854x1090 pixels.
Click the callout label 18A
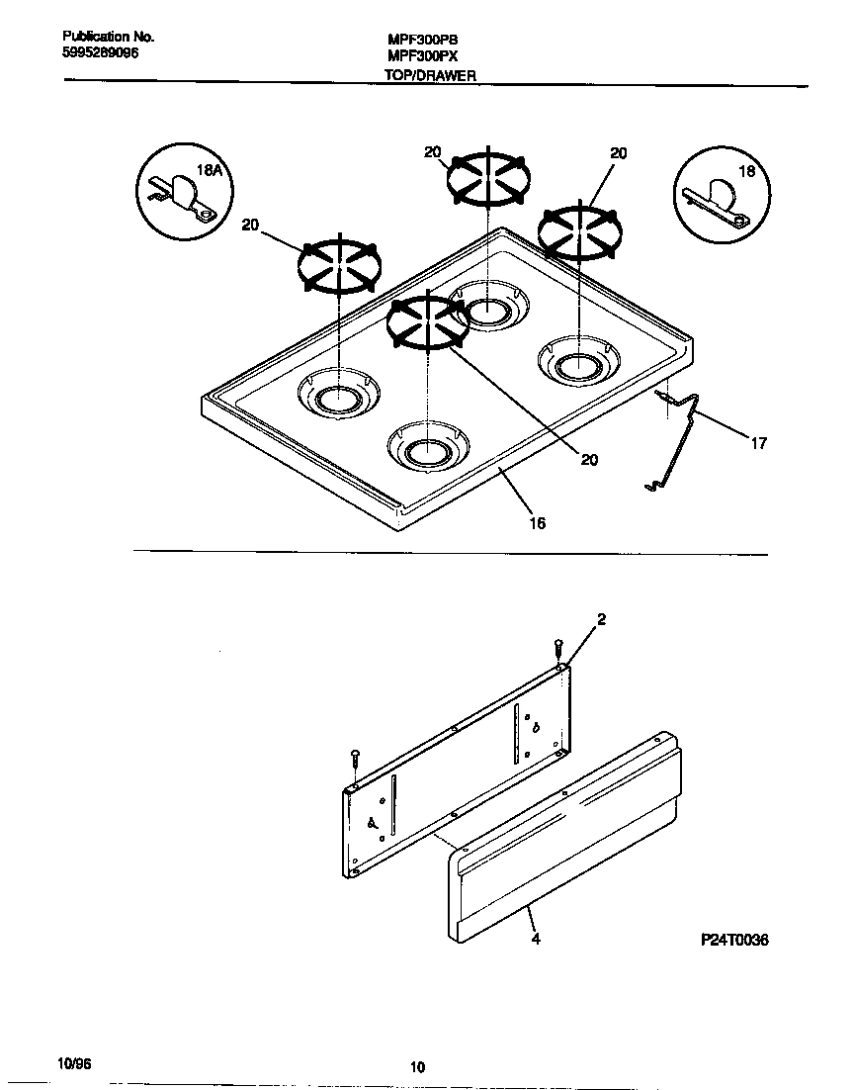tap(210, 171)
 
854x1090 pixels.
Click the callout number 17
tap(757, 444)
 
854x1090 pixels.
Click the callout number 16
tap(537, 523)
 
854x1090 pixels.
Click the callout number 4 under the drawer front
tap(535, 939)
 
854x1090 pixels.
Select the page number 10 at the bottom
tap(417, 1066)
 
